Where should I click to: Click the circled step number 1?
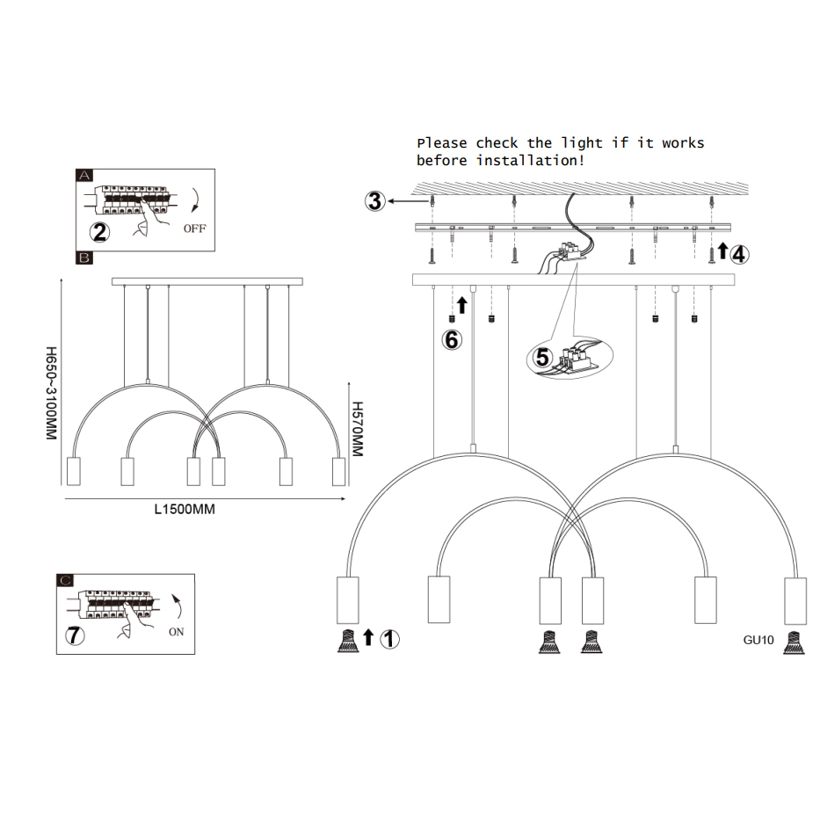[x=389, y=639]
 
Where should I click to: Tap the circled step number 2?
[x=100, y=232]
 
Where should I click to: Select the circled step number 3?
[x=375, y=200]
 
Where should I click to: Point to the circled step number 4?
[x=739, y=254]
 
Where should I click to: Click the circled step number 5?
[x=543, y=358]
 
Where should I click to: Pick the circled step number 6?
[x=452, y=340]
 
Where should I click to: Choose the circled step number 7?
[x=75, y=635]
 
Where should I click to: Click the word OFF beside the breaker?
[x=194, y=229]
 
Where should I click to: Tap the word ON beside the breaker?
[x=177, y=632]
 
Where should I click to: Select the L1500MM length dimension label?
[x=185, y=509]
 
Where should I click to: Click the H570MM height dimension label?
[x=357, y=429]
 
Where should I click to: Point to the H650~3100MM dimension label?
[x=51, y=393]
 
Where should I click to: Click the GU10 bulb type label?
[x=758, y=640]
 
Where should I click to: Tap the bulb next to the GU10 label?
[x=794, y=642]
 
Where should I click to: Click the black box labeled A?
[x=84, y=175]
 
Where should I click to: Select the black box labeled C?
[x=65, y=580]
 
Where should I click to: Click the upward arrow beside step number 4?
[x=722, y=250]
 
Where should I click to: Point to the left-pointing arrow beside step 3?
[x=408, y=200]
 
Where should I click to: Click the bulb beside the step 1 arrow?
[x=348, y=642]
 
